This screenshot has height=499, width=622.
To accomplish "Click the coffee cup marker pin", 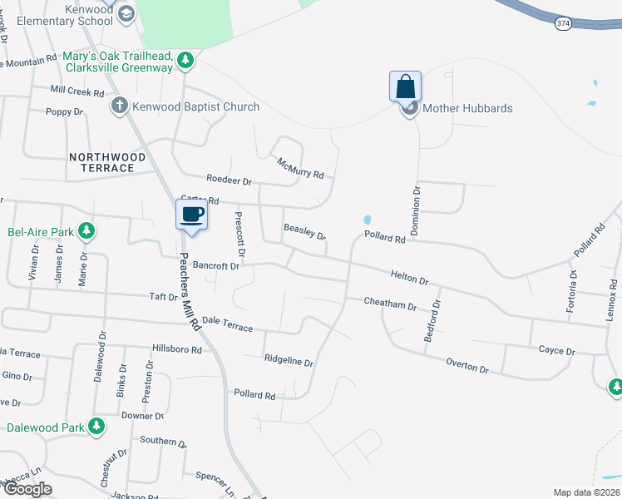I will point(191,215).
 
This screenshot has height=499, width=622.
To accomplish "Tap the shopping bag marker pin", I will point(405,86).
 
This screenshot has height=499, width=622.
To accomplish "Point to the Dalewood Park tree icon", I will point(96,427).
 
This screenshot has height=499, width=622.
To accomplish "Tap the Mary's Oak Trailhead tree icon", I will point(185,58).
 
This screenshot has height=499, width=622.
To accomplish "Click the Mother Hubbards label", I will point(467,108).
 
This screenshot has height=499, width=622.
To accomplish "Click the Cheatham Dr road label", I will point(390,304).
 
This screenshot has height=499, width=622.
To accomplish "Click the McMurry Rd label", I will point(300,169).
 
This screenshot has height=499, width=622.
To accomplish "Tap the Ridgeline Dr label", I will point(289,363).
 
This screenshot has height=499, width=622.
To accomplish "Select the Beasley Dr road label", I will point(304,230).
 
